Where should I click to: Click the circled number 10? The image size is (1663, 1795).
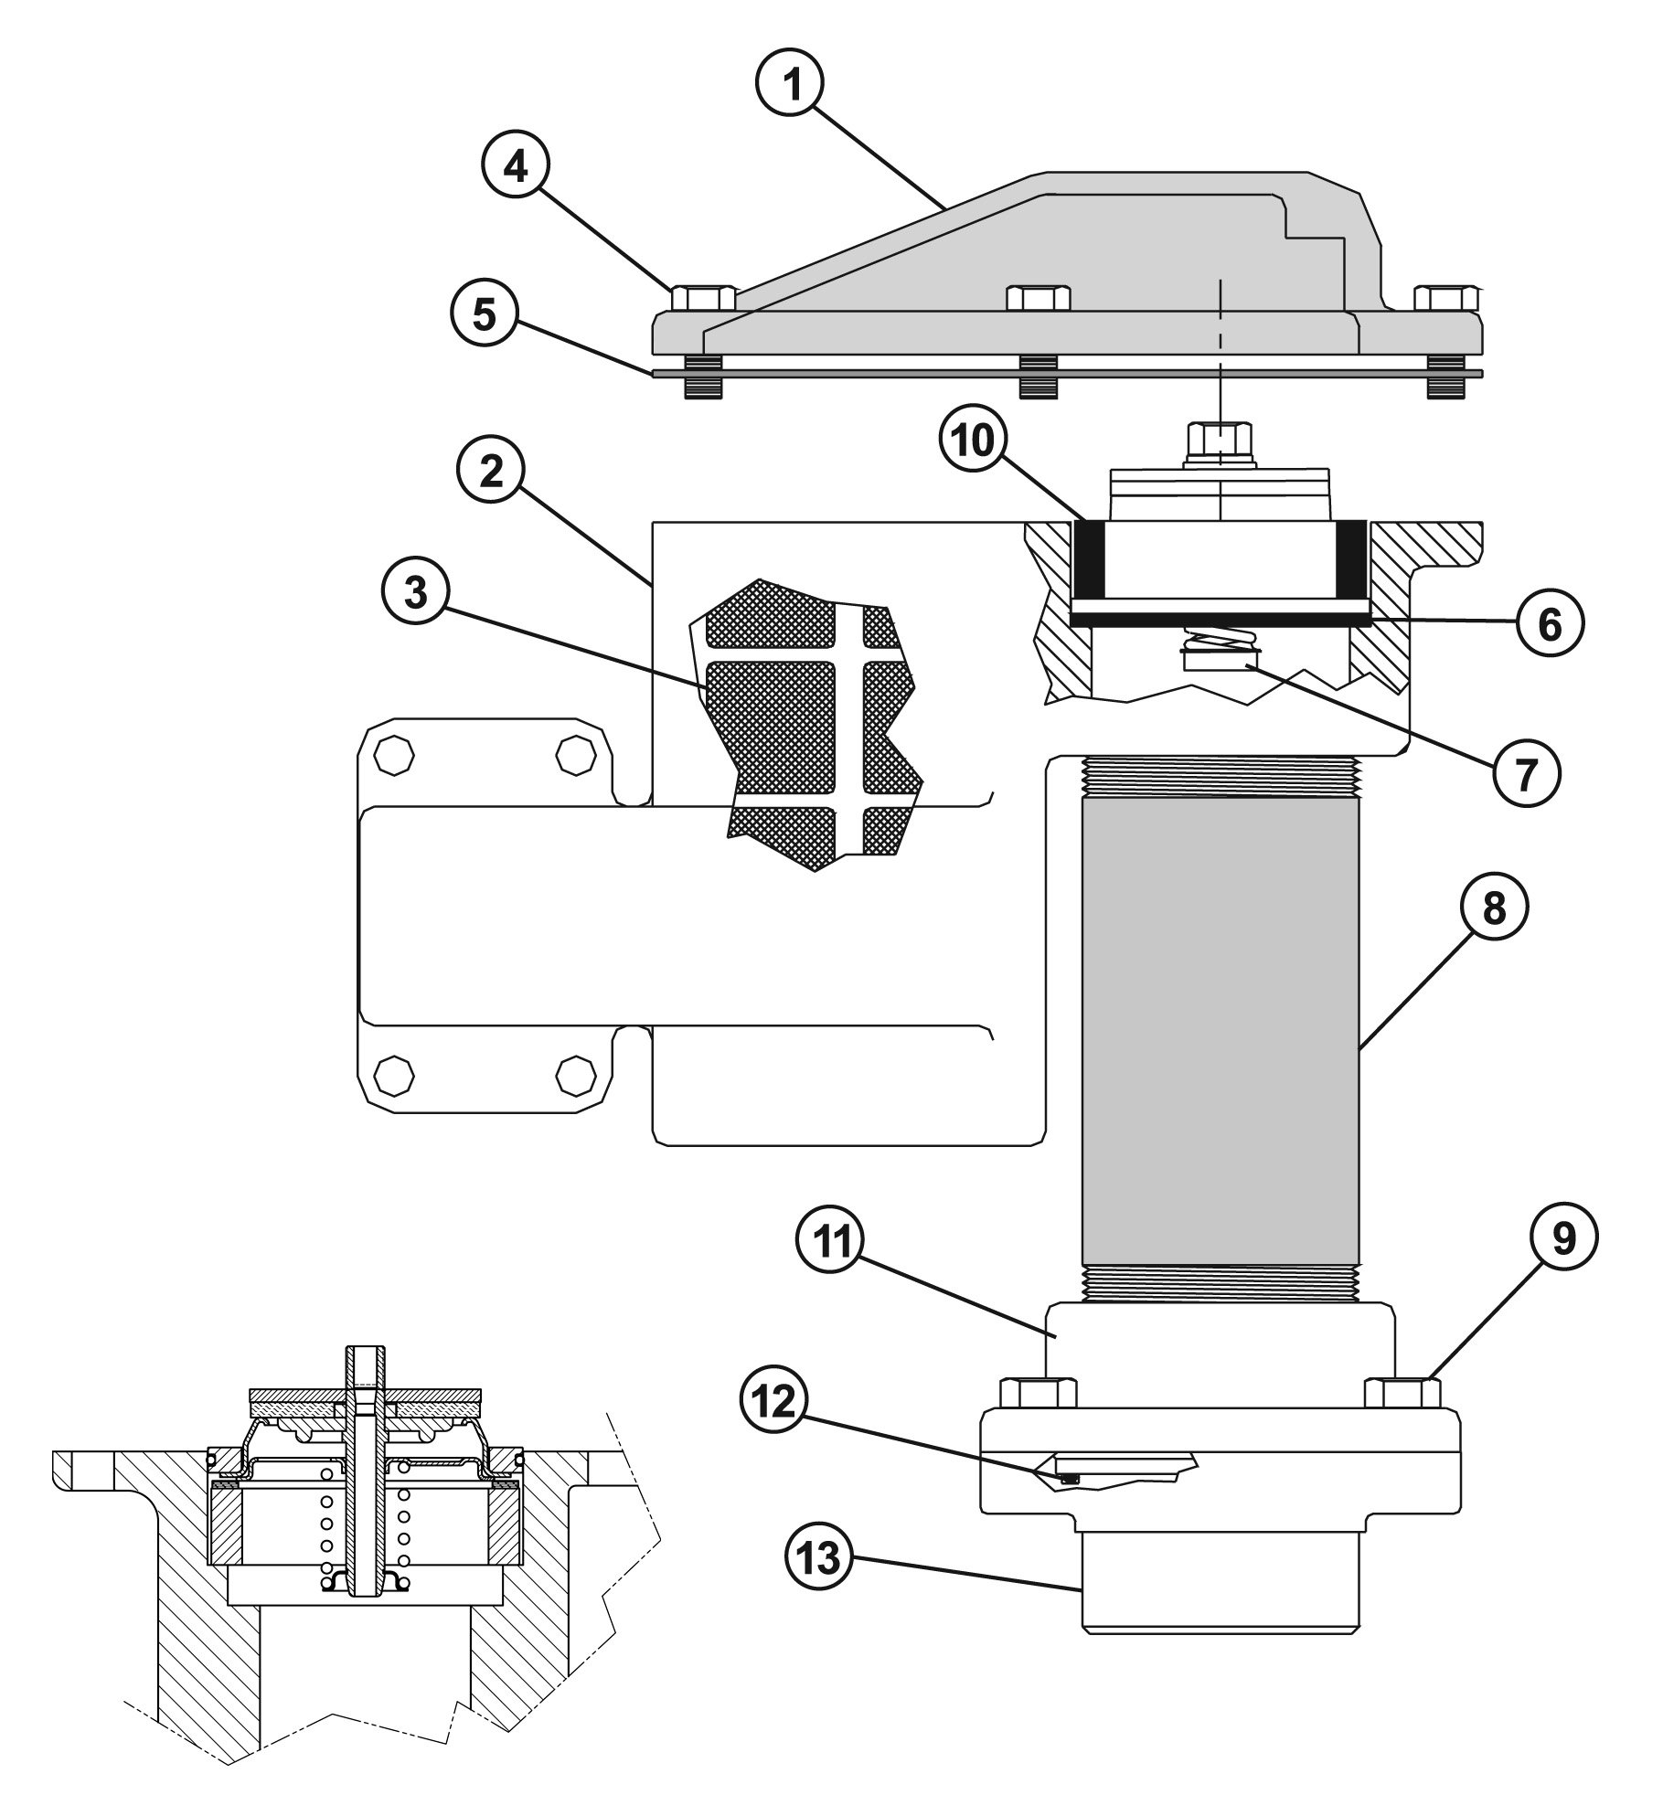973,442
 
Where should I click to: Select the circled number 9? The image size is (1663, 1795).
1563,1238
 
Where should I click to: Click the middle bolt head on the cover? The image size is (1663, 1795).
1038,299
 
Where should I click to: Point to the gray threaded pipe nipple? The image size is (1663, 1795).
1220,1028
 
